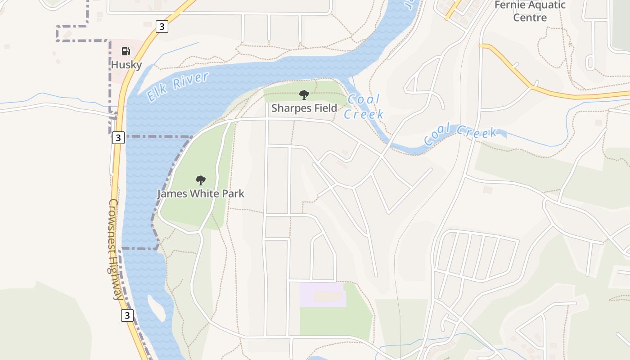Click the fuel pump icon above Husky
click(x=126, y=51)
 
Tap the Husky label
click(x=126, y=64)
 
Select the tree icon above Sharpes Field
click(x=304, y=95)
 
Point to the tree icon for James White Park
click(x=201, y=180)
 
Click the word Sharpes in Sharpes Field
click(x=291, y=108)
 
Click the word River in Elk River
click(x=191, y=80)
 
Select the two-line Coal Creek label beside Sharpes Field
click(x=364, y=106)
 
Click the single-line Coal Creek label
click(x=460, y=134)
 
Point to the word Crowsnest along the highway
click(x=113, y=223)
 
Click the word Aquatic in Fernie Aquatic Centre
click(x=544, y=5)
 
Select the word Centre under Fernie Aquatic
click(x=530, y=18)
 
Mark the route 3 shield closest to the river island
click(x=127, y=315)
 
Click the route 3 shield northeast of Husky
click(x=162, y=27)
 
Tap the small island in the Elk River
click(x=156, y=308)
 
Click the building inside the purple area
click(x=328, y=296)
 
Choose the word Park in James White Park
click(x=233, y=194)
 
